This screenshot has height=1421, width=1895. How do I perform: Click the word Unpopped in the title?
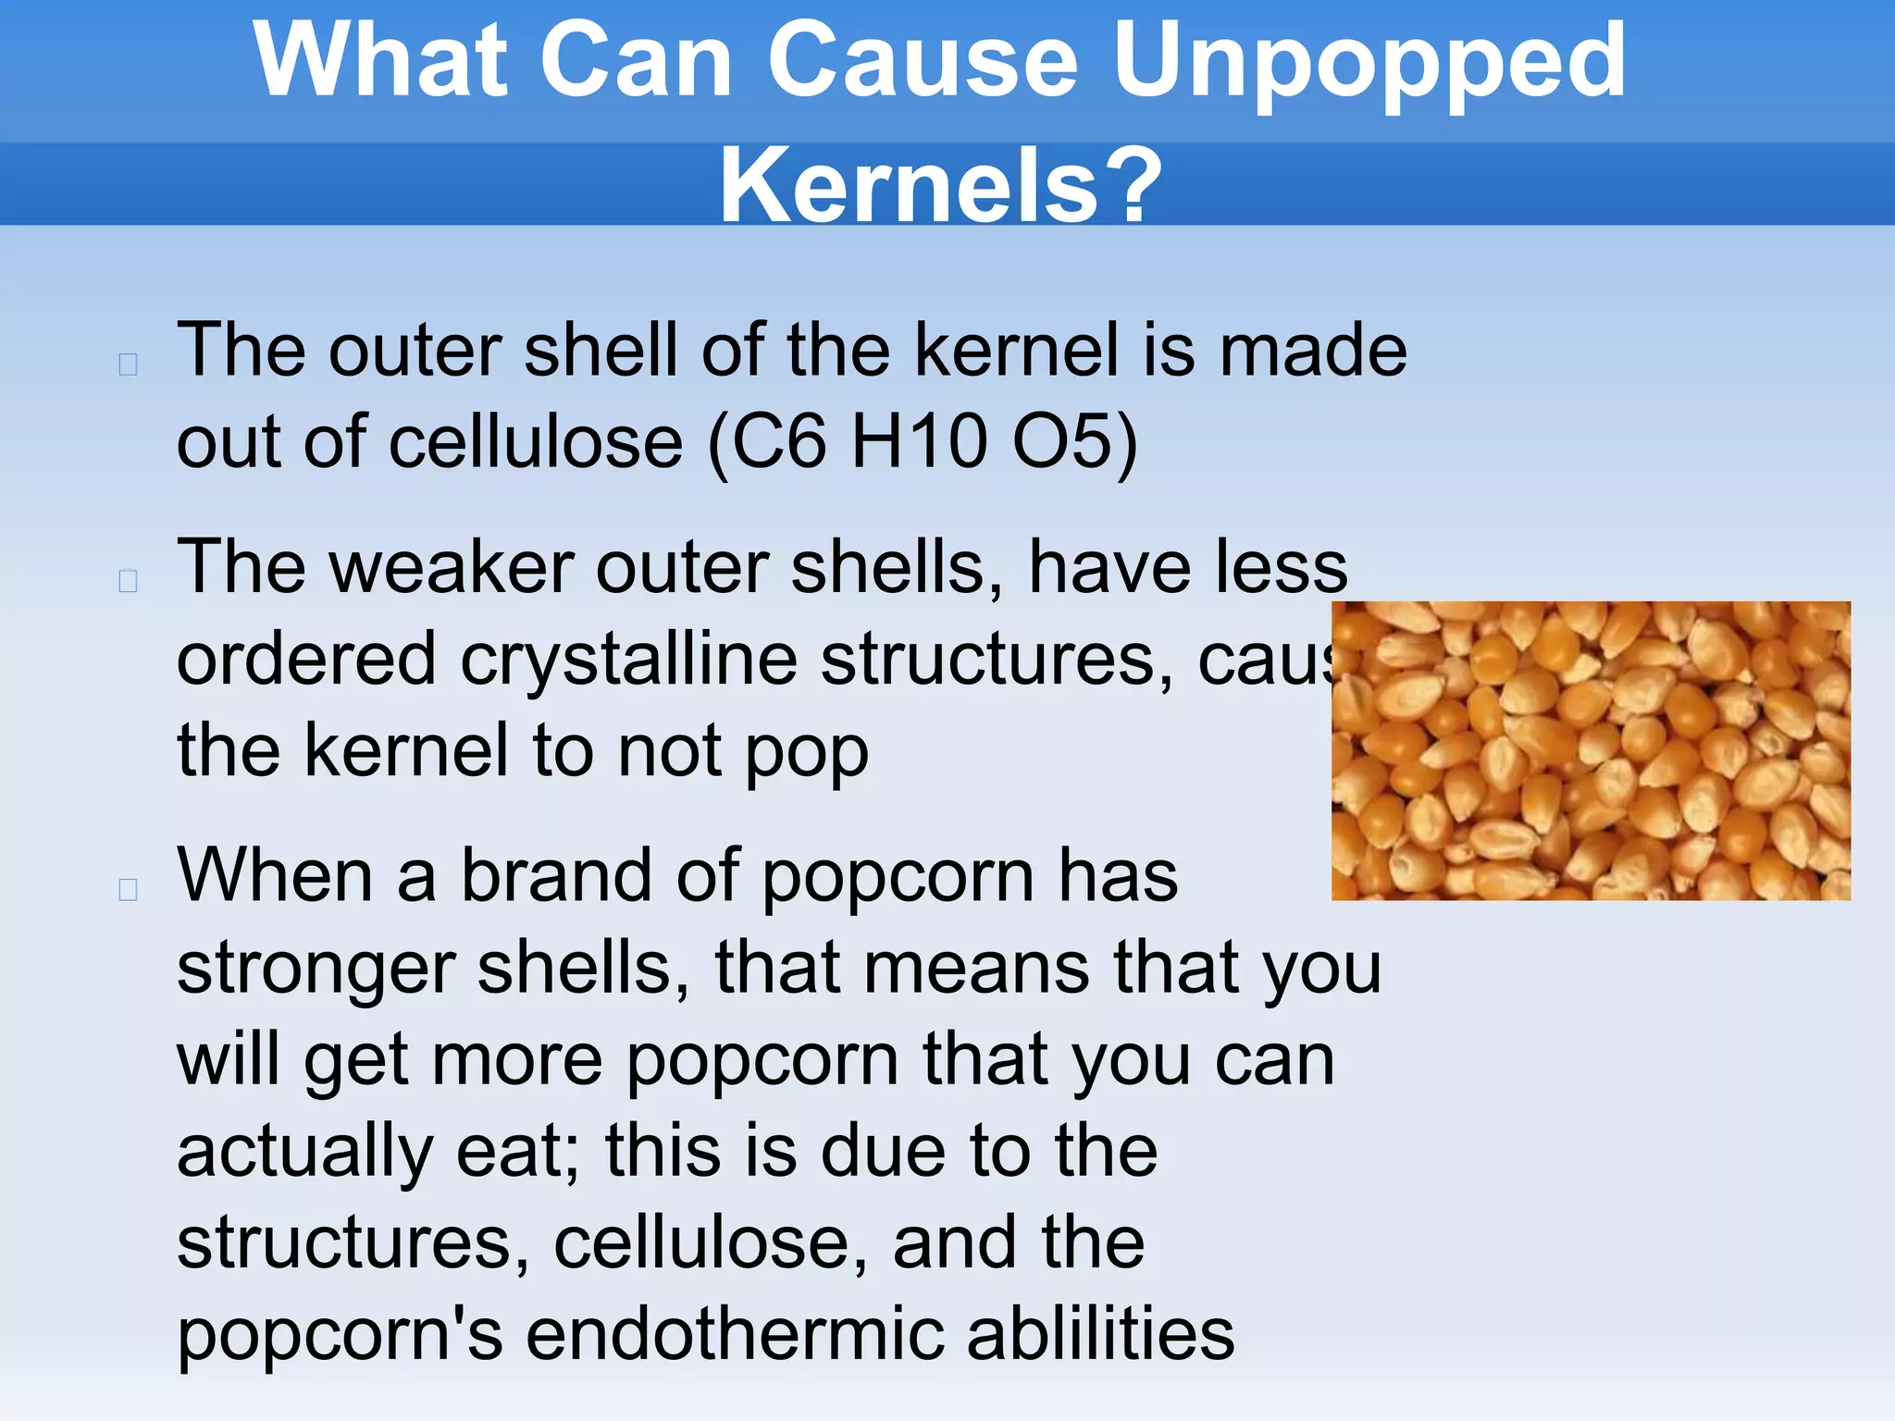click(1369, 63)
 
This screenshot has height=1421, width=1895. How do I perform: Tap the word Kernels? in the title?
click(939, 185)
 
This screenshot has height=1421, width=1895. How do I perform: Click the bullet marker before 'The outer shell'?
click(129, 365)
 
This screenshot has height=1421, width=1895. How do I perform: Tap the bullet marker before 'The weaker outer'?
click(129, 581)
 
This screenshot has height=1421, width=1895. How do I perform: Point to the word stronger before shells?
click(316, 970)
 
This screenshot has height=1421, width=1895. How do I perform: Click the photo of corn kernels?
click(1591, 750)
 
